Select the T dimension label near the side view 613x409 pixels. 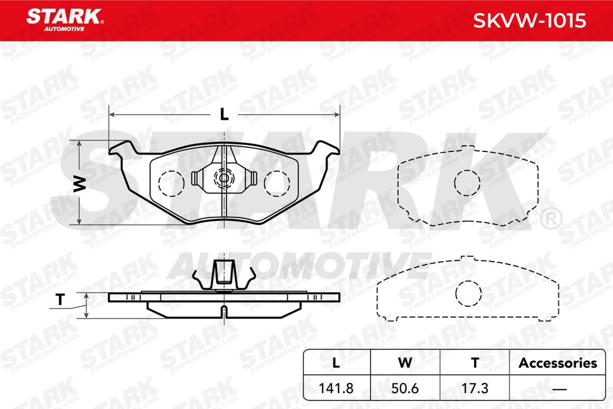[x=60, y=299]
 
